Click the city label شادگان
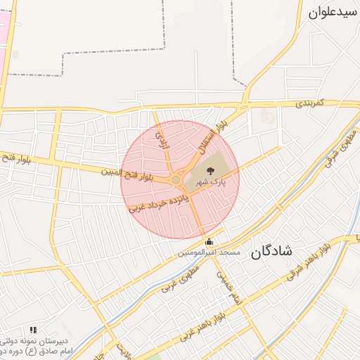pos(269,252)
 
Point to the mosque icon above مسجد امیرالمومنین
pos(208,242)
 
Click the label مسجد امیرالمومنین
pos(209,252)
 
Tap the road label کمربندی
pos(309,103)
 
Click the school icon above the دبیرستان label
pos(33,329)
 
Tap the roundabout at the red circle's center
pos(175,180)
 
